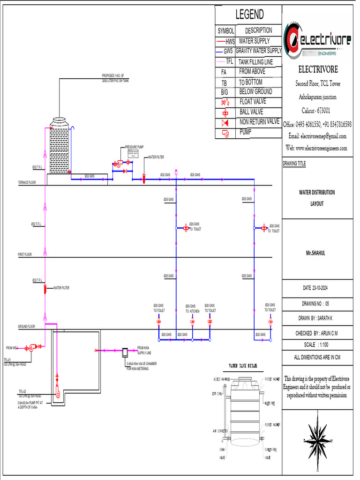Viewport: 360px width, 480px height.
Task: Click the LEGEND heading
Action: tap(249, 15)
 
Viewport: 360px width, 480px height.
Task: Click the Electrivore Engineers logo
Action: tap(318, 41)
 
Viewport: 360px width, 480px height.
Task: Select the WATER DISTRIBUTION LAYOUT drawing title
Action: tap(317, 198)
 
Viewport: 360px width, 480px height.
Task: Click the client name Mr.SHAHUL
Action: tap(315, 253)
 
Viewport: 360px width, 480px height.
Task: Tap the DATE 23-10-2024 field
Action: tap(318, 287)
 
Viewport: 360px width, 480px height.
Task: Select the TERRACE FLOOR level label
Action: tap(27, 182)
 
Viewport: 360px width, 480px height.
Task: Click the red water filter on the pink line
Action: tap(45, 289)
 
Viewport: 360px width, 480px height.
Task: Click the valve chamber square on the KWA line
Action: tap(125, 351)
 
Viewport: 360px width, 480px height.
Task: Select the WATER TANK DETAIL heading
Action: tap(242, 366)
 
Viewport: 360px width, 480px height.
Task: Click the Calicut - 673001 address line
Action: tap(315, 111)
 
